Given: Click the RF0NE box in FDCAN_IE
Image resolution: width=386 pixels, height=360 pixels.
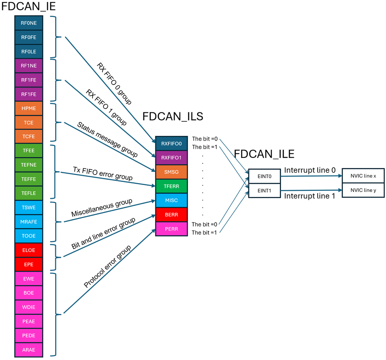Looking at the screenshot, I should click(x=29, y=23).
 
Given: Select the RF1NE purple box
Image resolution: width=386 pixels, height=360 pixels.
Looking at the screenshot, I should click(x=29, y=66).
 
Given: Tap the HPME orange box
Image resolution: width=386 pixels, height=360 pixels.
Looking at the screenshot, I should click(x=29, y=109).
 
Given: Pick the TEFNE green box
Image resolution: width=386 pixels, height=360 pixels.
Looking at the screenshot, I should click(x=29, y=165).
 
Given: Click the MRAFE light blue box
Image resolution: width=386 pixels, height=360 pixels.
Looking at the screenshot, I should click(x=29, y=222).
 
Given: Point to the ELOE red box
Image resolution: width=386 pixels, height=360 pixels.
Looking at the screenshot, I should click(x=29, y=250).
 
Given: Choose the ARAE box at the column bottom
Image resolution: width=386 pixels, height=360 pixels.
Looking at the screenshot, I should click(x=29, y=350).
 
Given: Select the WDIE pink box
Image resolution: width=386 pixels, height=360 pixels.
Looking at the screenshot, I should click(x=29, y=307).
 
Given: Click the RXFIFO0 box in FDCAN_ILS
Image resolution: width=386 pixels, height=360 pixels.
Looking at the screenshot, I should click(x=171, y=144).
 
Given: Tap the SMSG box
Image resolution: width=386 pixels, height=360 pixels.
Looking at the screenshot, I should click(x=171, y=172).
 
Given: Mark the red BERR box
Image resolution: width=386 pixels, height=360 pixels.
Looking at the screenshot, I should click(x=171, y=215).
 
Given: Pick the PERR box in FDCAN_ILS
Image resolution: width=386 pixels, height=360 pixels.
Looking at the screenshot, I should click(x=171, y=229).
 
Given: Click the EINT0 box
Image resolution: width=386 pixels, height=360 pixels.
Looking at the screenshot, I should click(x=264, y=176).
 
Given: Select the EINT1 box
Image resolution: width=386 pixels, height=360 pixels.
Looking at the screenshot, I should click(x=264, y=190).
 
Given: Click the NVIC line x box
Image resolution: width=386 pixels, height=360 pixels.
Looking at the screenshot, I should click(x=363, y=176).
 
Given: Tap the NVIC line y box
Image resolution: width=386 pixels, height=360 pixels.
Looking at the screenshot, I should click(x=363, y=190).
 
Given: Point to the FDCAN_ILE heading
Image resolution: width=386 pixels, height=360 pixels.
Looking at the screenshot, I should click(x=264, y=154).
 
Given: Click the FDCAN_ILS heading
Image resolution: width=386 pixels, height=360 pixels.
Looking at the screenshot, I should click(x=173, y=116).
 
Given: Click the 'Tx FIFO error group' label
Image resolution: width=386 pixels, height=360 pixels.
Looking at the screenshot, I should click(x=103, y=173).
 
